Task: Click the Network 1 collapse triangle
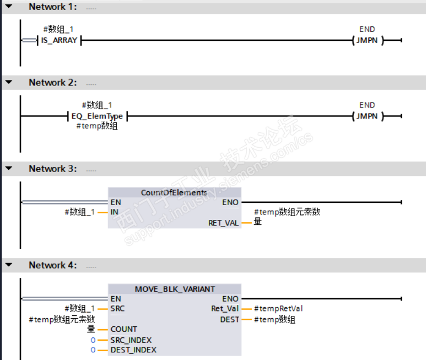click(8, 7)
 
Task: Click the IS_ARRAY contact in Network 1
click(59, 40)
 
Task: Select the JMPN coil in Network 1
click(367, 40)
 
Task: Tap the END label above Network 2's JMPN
click(367, 105)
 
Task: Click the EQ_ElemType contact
click(96, 116)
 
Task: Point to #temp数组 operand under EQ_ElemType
click(96, 126)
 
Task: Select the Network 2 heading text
click(52, 82)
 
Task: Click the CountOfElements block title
click(174, 192)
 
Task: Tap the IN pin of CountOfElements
click(115, 212)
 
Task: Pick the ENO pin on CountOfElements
click(230, 202)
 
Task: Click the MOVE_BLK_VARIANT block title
click(175, 289)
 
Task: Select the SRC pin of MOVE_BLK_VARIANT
click(117, 308)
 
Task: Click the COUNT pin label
click(123, 329)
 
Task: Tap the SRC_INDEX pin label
click(131, 340)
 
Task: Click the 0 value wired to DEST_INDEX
click(93, 350)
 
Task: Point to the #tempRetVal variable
click(278, 308)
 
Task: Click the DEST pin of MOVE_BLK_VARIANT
click(229, 319)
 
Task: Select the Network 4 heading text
click(52, 265)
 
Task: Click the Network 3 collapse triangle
click(8, 168)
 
